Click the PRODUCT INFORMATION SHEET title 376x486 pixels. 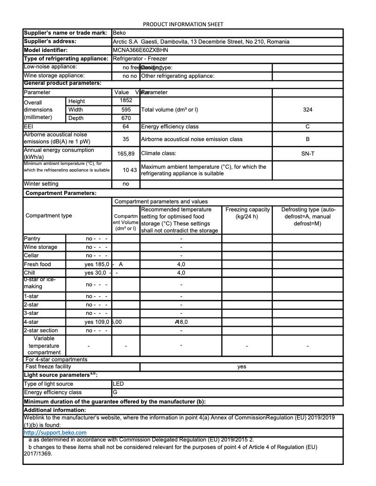pyautogui.click(x=183, y=24)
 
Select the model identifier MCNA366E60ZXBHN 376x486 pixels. pyautogui.click(x=140, y=50)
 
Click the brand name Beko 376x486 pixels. pyautogui.click(x=120, y=33)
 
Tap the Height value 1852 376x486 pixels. pyautogui.click(x=126, y=100)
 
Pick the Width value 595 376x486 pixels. pyautogui.click(x=126, y=109)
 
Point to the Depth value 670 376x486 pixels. pyautogui.click(x=126, y=118)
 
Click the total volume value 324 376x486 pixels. pyautogui.click(x=308, y=110)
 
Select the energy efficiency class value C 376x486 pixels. pyautogui.click(x=308, y=127)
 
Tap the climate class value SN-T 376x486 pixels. pyautogui.click(x=308, y=153)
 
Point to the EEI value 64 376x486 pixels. pyautogui.click(x=126, y=127)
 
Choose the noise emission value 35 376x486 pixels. pyautogui.click(x=126, y=139)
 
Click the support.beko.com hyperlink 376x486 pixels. pyautogui.click(x=55, y=433)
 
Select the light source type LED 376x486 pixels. pyautogui.click(x=119, y=384)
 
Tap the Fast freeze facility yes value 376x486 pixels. pyautogui.click(x=241, y=366)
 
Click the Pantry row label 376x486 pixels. pyautogui.click(x=32, y=239)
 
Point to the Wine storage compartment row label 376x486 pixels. pyautogui.click(x=41, y=247)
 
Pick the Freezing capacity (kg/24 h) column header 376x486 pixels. pyautogui.click(x=247, y=213)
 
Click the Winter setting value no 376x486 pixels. pyautogui.click(x=126, y=184)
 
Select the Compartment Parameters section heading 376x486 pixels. pyautogui.click(x=61, y=193)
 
